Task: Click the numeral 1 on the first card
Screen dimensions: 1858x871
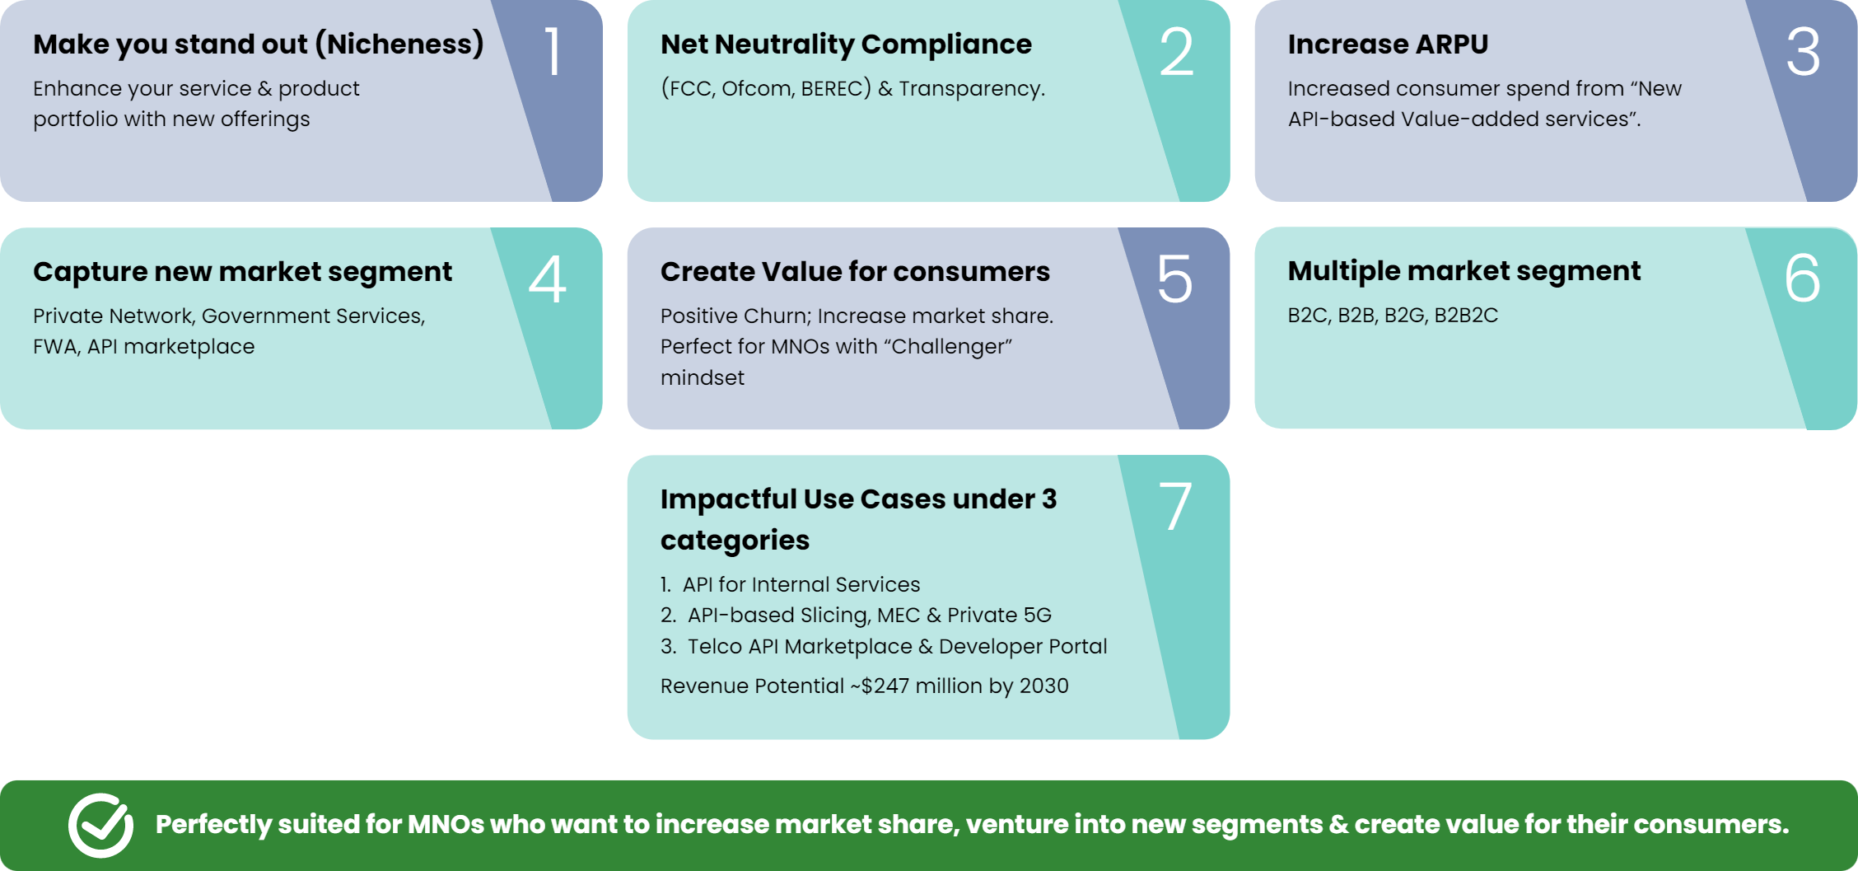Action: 553,51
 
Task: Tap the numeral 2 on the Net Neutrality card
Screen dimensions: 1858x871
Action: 1176,51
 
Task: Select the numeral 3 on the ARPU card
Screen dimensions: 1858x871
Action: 1803,51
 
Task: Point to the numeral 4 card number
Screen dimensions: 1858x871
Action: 548,279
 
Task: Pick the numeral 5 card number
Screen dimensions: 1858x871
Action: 1175,279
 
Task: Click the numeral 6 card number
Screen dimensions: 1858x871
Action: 1803,279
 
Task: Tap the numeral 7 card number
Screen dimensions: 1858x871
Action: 1175,506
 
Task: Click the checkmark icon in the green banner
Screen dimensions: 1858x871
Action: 100,825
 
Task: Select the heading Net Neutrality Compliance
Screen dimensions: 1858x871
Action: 846,44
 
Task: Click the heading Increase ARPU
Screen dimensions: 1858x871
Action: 1388,44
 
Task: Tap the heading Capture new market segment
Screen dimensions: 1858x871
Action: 243,272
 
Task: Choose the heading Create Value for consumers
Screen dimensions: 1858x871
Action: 855,271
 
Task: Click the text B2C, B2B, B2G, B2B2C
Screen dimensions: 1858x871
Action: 1393,316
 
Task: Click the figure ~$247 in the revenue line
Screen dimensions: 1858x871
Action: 880,686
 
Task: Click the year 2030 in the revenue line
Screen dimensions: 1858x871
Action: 1044,686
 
